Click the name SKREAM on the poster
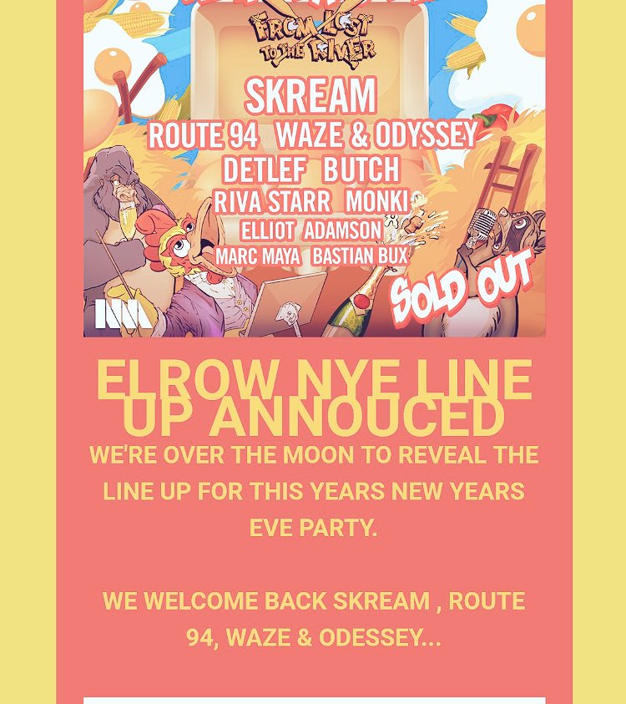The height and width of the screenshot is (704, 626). pos(310,97)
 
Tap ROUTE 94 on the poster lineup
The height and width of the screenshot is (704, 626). pos(203,135)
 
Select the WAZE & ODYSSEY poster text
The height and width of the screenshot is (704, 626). pos(376,134)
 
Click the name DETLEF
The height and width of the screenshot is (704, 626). pos(264,170)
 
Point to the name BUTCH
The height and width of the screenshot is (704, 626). pos(361,170)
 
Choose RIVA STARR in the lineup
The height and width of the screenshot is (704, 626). pos(272,202)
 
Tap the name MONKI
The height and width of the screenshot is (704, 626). pos(376,202)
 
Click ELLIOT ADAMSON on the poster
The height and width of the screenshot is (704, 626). pos(310,230)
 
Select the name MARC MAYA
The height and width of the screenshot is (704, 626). pos(257,256)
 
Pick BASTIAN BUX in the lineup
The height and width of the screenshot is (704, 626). pos(360,256)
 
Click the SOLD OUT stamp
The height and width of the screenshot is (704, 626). pos(461,287)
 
